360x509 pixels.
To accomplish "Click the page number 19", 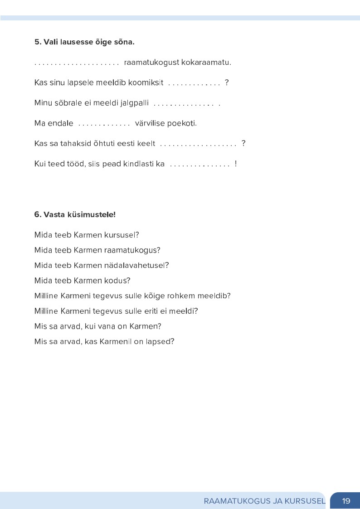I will (346, 501).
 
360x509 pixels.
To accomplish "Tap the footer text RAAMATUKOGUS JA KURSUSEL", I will (264, 501).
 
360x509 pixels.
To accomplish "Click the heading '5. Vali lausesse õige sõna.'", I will (84, 42).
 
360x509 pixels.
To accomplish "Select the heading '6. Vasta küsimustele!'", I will (75, 214).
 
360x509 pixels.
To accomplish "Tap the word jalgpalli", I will (134, 103).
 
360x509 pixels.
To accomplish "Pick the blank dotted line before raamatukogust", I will (77, 63).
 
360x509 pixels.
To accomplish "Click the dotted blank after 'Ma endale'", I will (104, 124).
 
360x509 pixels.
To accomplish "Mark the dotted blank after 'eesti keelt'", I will (198, 145).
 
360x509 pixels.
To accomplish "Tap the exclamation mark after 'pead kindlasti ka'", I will (236, 164).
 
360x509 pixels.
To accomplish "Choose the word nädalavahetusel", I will (136, 265).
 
